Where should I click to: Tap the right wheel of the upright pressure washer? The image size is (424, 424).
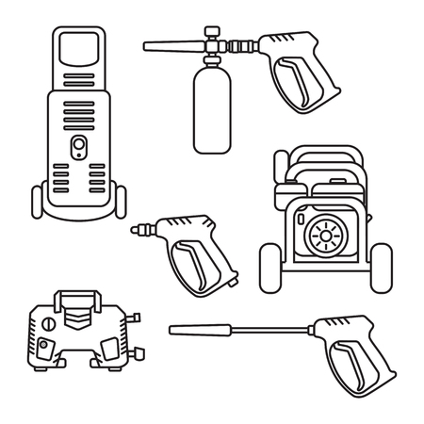click(x=121, y=201)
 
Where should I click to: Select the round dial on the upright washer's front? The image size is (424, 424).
click(x=79, y=144)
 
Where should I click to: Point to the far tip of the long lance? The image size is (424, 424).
click(x=171, y=329)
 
